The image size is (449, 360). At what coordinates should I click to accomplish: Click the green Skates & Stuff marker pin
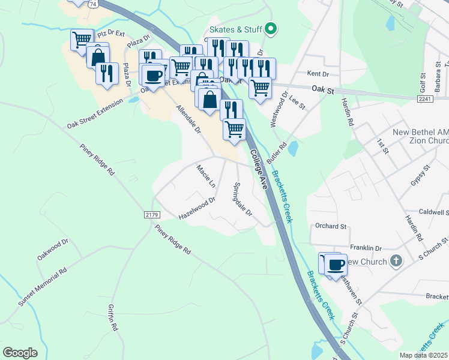[271, 28]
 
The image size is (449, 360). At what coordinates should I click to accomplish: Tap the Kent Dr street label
[318, 74]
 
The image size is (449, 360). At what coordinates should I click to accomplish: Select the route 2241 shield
[425, 98]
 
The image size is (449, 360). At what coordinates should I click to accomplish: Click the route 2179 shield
[151, 214]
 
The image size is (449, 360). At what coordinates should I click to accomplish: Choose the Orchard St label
[331, 227]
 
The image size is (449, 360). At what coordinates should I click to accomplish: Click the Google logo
[20, 353]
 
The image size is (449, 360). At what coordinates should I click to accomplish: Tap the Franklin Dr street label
[366, 248]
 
